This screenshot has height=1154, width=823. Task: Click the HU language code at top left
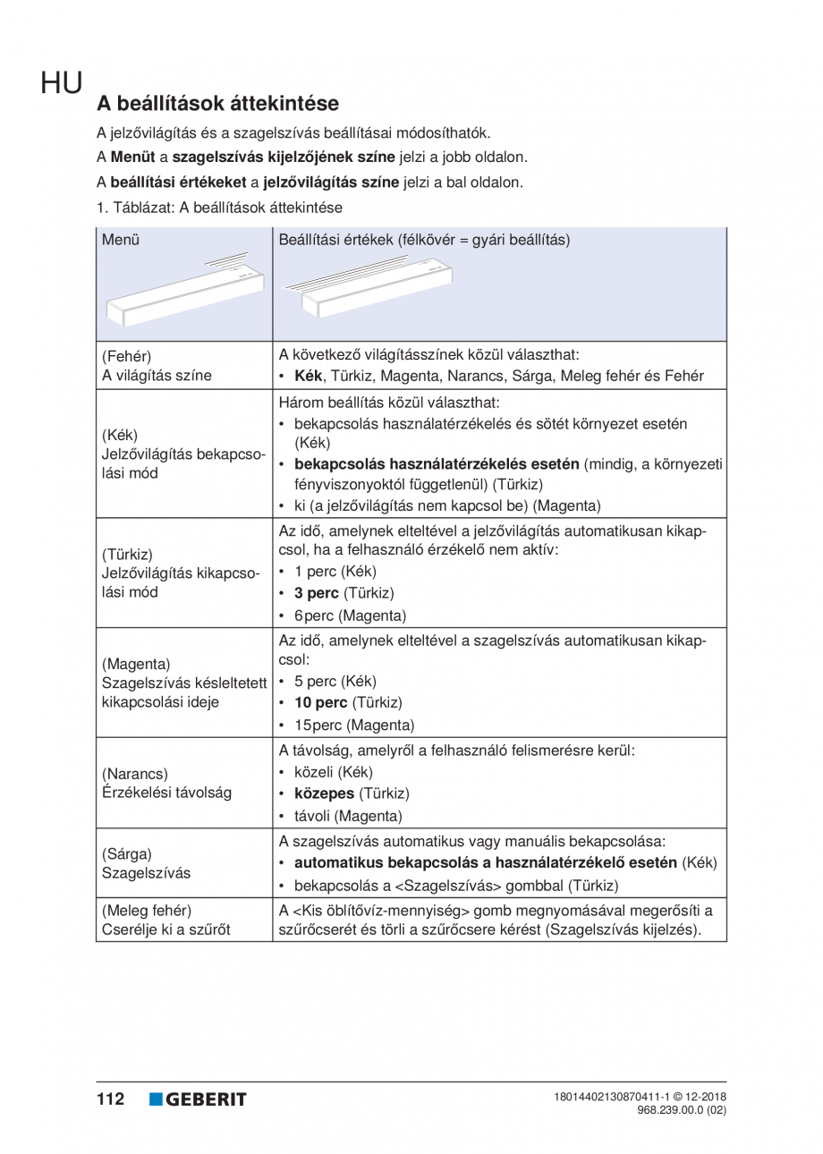(61, 84)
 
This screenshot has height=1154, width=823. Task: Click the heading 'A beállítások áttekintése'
(217, 104)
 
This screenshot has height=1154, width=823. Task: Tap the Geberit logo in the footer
(198, 1099)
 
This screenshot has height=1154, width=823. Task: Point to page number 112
(111, 1099)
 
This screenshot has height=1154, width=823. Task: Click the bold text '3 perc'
(316, 593)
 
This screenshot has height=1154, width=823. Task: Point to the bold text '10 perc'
(319, 702)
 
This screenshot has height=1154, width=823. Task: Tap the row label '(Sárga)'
(127, 853)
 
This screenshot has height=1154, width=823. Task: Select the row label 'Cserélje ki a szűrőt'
(166, 930)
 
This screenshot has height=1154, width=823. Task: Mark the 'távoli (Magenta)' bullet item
(348, 816)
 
